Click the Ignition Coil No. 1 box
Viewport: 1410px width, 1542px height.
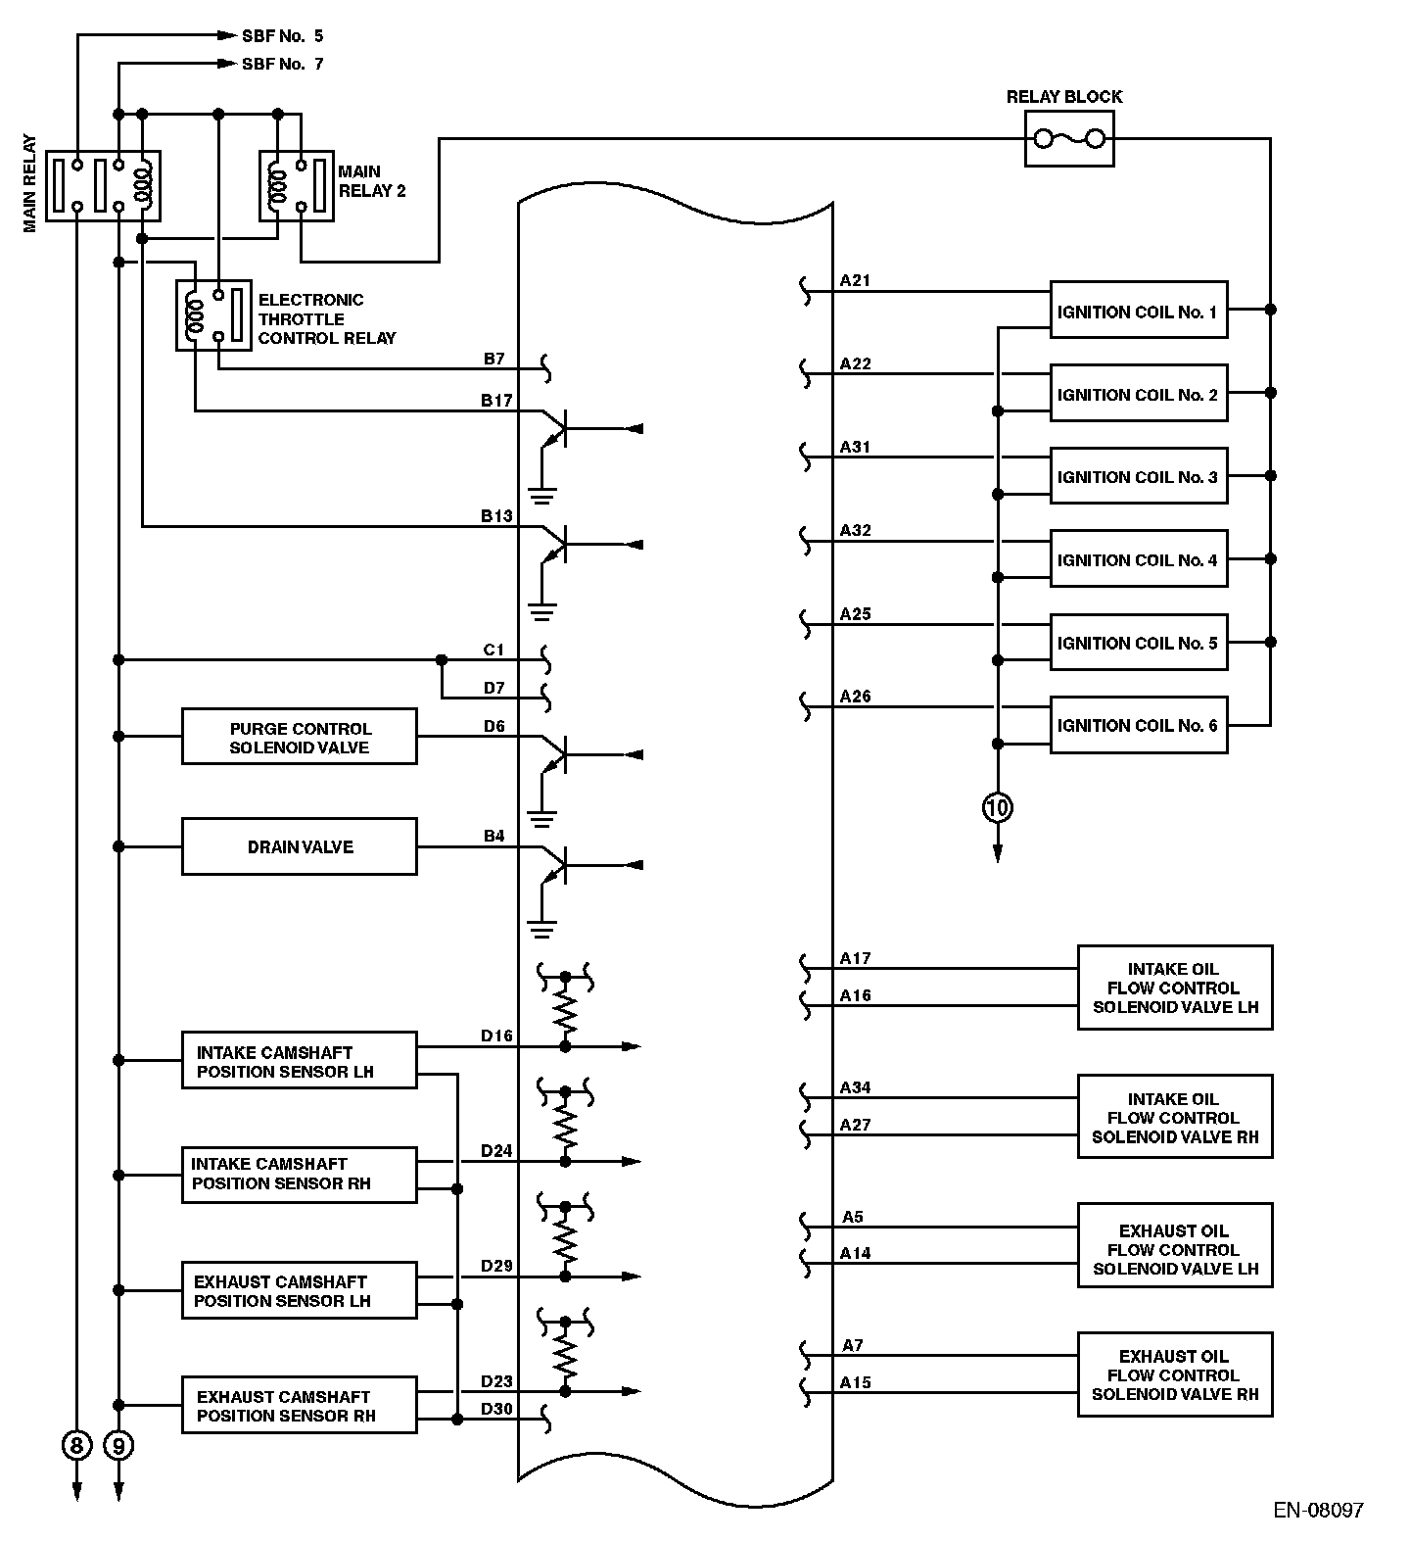pyautogui.click(x=1139, y=310)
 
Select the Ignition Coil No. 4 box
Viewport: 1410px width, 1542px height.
pyautogui.click(x=1139, y=558)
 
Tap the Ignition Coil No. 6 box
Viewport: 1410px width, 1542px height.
pyautogui.click(x=1139, y=725)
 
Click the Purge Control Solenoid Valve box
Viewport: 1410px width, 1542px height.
pyautogui.click(x=300, y=737)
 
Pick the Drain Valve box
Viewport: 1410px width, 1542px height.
pyautogui.click(x=300, y=846)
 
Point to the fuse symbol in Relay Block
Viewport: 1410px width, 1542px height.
pyautogui.click(x=1069, y=139)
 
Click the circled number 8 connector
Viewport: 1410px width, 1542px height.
pyautogui.click(x=76, y=1445)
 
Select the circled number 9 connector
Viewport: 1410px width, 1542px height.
pyautogui.click(x=118, y=1445)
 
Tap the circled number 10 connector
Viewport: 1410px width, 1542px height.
pyautogui.click(x=998, y=808)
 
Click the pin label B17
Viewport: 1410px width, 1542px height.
pyautogui.click(x=496, y=400)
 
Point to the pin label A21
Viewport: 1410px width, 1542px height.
pyautogui.click(x=855, y=280)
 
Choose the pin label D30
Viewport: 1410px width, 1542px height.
pyautogui.click(x=496, y=1409)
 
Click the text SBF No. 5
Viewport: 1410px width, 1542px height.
pyautogui.click(x=283, y=36)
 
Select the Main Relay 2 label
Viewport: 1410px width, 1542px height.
pyautogui.click(x=372, y=181)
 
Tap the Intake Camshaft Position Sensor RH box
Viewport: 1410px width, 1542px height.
pyautogui.click(x=300, y=1175)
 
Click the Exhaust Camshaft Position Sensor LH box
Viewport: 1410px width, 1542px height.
pyautogui.click(x=300, y=1291)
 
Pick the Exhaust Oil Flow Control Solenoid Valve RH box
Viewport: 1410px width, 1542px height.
pyautogui.click(x=1175, y=1374)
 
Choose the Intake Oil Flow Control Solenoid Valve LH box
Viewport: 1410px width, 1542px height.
pyautogui.click(x=1175, y=988)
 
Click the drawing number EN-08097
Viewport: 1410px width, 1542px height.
pyautogui.click(x=1319, y=1510)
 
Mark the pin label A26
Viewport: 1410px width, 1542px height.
pyautogui.click(x=855, y=697)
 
